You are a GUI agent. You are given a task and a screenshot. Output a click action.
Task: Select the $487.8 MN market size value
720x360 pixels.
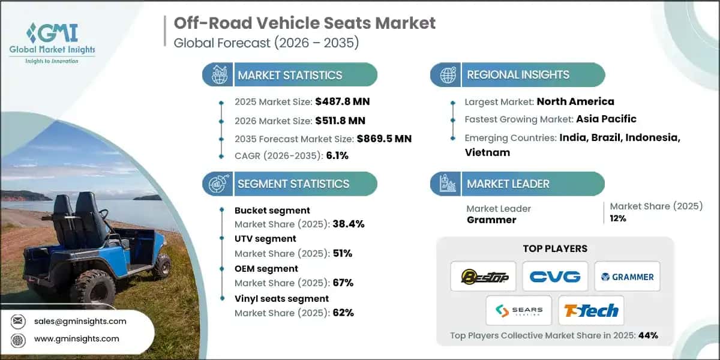coord(343,101)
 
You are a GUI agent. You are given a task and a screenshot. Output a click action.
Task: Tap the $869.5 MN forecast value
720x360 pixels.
coord(384,139)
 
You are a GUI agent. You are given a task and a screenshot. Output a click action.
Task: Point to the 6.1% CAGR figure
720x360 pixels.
coord(337,155)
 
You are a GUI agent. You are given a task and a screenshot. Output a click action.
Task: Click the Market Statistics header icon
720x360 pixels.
coord(219,74)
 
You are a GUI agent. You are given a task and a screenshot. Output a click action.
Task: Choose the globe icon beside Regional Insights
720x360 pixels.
coord(448,75)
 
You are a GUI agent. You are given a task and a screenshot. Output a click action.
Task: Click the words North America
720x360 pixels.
coord(575,101)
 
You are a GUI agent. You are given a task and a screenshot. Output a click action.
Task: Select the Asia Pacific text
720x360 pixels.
coord(606,119)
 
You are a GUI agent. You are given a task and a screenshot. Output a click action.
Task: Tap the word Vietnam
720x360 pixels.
coord(487,152)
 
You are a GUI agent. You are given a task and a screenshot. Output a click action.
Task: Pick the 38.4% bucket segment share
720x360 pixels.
coord(349,224)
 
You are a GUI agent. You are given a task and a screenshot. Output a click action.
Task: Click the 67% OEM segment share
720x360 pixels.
coord(343,283)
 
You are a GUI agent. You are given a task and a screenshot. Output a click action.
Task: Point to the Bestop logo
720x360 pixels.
coord(484,277)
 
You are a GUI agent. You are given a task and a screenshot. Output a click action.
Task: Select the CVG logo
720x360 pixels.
coord(555,277)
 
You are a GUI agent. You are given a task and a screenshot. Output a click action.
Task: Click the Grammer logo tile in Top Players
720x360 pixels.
coord(627,277)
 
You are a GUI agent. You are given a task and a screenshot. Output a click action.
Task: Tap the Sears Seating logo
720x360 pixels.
coord(519,311)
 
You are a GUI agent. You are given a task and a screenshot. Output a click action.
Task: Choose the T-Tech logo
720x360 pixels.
coord(591,311)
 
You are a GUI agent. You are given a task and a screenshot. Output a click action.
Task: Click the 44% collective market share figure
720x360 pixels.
coord(648,335)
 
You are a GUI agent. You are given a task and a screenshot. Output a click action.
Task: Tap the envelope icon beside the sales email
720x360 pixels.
coord(17,321)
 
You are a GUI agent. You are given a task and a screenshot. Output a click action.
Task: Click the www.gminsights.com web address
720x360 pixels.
coord(77,339)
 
